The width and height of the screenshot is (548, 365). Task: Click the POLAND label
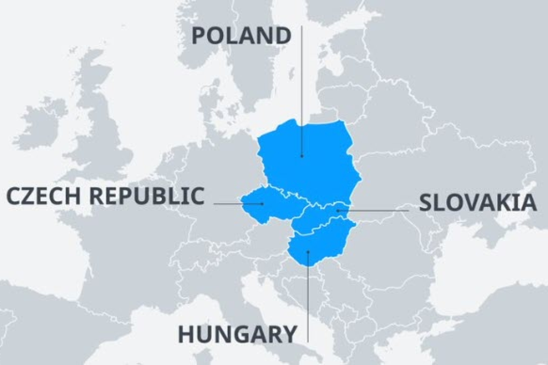click(x=241, y=36)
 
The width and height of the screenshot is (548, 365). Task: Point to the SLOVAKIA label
click(x=478, y=203)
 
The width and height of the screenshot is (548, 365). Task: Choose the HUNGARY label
click(x=237, y=334)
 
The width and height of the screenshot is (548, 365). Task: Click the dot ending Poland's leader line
click(x=302, y=156)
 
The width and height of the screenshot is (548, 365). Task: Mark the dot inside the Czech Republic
click(x=262, y=204)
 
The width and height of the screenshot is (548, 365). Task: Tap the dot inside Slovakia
click(x=337, y=210)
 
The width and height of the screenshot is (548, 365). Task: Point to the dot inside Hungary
click(x=308, y=251)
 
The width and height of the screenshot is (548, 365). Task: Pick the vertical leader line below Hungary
click(x=308, y=298)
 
